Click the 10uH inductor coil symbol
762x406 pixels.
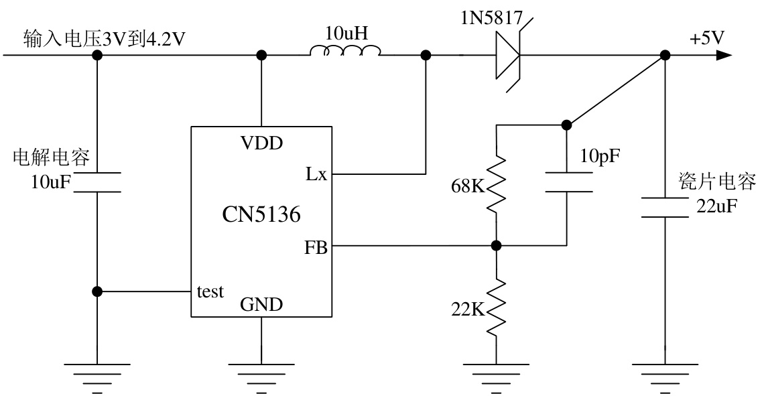coord(345,51)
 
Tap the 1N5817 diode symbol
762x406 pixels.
coord(508,55)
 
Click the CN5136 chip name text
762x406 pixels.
coord(261,214)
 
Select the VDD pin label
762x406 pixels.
coord(261,143)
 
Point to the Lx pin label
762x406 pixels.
coord(316,174)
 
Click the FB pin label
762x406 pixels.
coord(316,248)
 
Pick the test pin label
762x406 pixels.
coord(210,292)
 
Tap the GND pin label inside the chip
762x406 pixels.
coord(261,305)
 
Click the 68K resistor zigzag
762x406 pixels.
coord(496,184)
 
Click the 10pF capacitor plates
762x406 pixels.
coord(568,182)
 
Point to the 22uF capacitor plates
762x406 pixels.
coord(664,208)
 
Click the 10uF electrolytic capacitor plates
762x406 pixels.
coord(97,183)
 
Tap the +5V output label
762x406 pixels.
coord(706,38)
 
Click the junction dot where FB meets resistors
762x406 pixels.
coord(496,246)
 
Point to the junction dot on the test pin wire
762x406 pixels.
coord(97,291)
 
